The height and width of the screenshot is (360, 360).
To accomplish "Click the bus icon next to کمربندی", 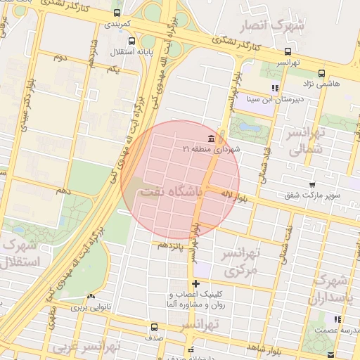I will click(x=115, y=12).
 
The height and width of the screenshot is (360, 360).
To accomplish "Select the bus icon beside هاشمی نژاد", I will click(x=321, y=72).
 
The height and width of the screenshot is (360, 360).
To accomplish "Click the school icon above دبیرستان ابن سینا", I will click(x=275, y=89).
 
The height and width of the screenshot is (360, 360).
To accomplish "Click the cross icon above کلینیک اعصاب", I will click(x=195, y=284).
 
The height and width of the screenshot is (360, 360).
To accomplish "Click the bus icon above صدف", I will click(x=154, y=327).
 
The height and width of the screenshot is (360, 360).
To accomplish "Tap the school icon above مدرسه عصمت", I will click(x=338, y=319).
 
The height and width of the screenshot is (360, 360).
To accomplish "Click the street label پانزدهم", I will click(x=170, y=245).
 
